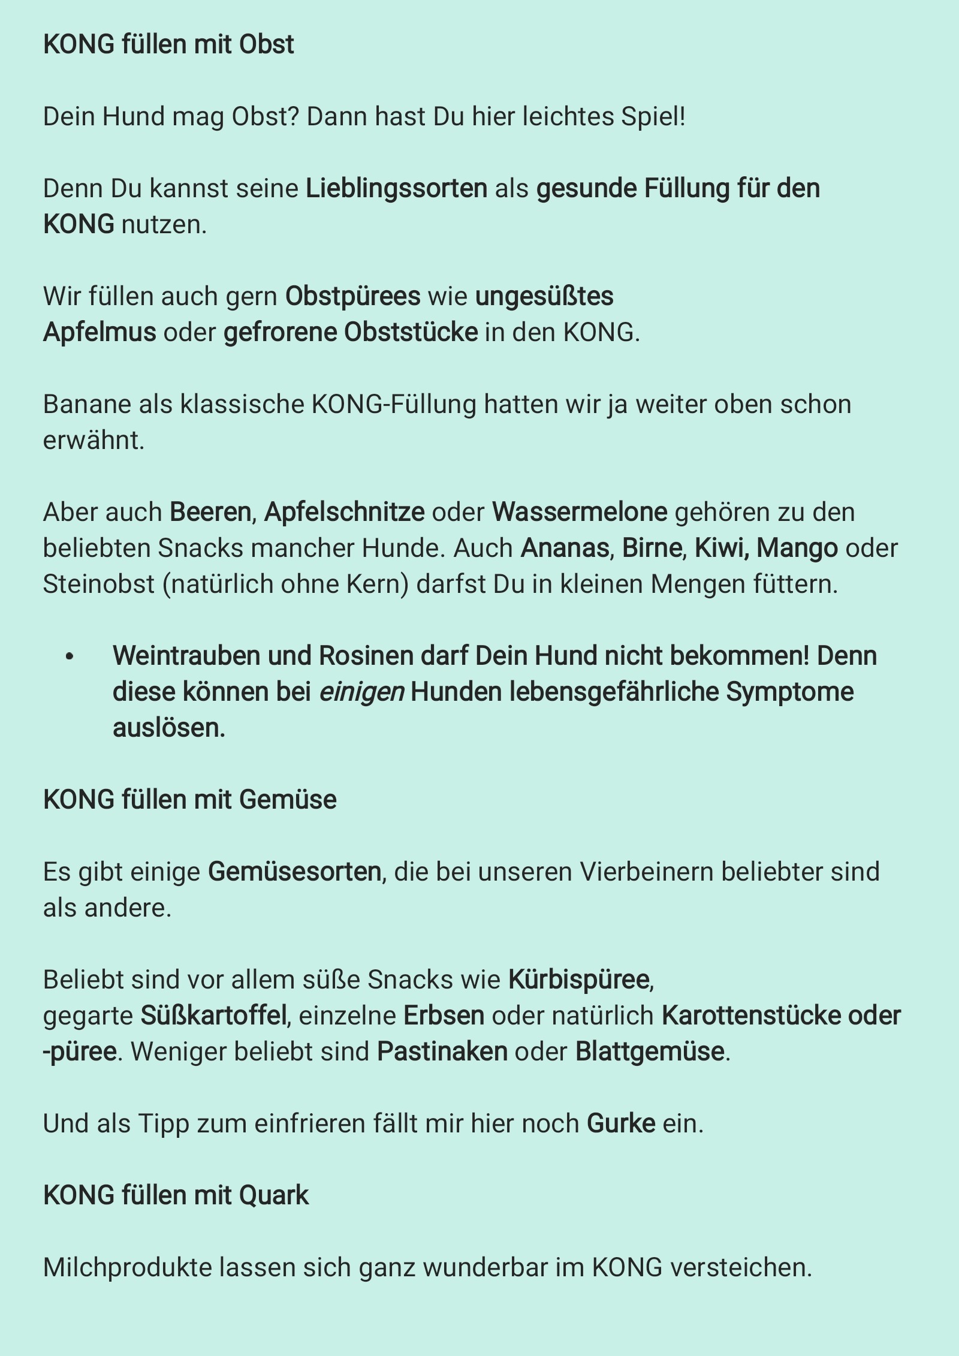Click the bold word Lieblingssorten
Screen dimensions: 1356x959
tap(396, 189)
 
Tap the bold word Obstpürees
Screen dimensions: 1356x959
tap(352, 297)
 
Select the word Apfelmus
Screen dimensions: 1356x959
tap(99, 333)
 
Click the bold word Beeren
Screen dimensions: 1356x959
tap(210, 513)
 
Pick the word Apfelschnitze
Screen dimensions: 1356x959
tap(344, 513)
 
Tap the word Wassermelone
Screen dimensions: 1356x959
tap(580, 513)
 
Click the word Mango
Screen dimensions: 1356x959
tap(797, 549)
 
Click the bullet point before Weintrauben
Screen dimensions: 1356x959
tap(70, 657)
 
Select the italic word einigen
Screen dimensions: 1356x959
tap(361, 692)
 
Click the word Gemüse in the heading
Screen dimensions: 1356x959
tap(288, 800)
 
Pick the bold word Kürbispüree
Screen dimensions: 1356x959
tap(579, 980)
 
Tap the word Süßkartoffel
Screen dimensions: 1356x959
tap(213, 1016)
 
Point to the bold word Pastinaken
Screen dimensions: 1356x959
tap(442, 1052)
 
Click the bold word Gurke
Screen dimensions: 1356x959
tap(621, 1124)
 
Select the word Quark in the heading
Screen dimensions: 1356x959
tap(274, 1196)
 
